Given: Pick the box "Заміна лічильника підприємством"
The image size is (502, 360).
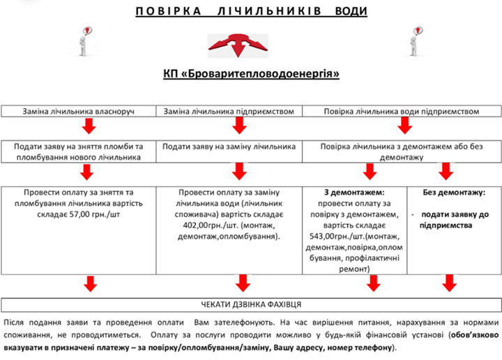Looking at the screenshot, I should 233,112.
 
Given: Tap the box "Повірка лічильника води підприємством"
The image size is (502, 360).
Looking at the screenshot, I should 400,112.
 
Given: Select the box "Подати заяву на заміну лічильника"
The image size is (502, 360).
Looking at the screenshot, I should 229,147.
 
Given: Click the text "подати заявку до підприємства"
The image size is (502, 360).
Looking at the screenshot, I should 454,220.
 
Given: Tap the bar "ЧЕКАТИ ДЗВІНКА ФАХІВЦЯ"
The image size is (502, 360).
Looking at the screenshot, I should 251,304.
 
